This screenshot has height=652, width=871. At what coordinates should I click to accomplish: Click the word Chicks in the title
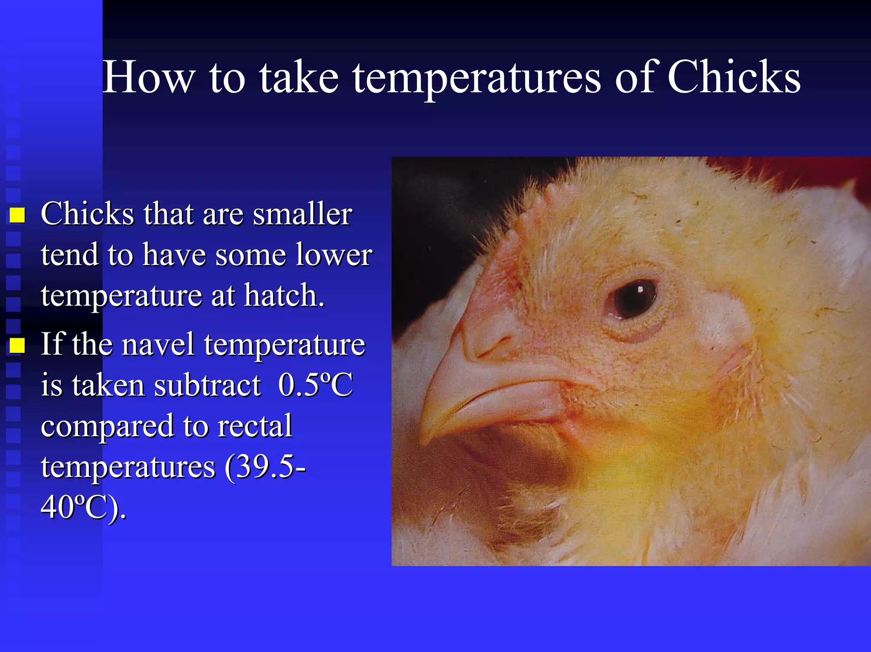[734, 77]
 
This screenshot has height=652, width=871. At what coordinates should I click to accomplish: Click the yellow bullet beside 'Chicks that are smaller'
[17, 215]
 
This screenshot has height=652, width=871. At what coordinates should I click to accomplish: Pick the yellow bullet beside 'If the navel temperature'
[17, 346]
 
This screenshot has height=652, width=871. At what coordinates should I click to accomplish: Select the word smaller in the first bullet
[302, 213]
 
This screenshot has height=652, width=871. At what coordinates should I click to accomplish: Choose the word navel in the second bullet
[158, 344]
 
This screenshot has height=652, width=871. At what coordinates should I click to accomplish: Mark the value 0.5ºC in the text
[315, 385]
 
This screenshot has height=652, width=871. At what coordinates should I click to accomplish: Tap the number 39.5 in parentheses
[264, 467]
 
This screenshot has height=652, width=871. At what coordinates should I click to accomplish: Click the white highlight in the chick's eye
[640, 290]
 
